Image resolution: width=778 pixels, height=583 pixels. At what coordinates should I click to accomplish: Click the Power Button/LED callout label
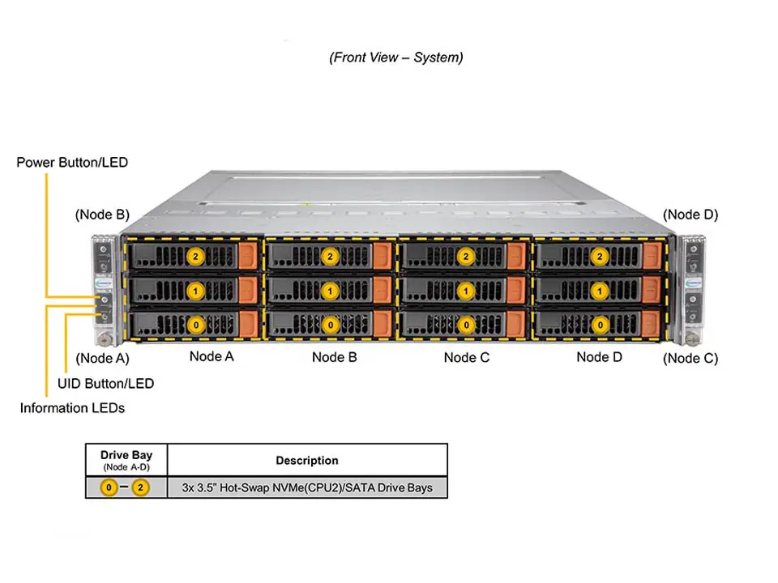point(72,163)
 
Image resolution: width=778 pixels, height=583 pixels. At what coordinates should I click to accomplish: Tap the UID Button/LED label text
point(105,383)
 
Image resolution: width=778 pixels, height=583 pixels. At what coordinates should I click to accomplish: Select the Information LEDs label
point(72,408)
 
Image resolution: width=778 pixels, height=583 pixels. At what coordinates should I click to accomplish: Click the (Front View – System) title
point(396,57)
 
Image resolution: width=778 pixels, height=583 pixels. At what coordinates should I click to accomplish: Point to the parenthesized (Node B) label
point(102,215)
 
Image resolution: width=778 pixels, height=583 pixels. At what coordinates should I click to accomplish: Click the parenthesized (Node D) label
point(690,215)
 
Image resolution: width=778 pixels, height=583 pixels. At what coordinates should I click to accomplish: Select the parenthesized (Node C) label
point(690,358)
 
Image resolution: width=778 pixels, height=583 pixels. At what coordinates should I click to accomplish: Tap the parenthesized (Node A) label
point(102,358)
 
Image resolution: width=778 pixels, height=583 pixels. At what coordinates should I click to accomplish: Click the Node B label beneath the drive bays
point(334,357)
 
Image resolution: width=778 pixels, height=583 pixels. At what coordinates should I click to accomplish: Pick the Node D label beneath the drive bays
point(599,357)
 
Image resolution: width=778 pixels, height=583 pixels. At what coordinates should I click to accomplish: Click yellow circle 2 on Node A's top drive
point(194,256)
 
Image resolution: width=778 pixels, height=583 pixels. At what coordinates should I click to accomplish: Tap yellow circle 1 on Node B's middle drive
point(330,290)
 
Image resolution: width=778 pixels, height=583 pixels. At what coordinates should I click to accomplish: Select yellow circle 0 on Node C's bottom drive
point(466,324)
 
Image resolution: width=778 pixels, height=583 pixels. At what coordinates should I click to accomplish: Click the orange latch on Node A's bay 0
point(250,323)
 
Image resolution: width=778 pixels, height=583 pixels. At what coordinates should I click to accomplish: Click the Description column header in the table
point(307,461)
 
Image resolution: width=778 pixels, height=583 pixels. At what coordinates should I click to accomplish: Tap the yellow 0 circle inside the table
point(108,488)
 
